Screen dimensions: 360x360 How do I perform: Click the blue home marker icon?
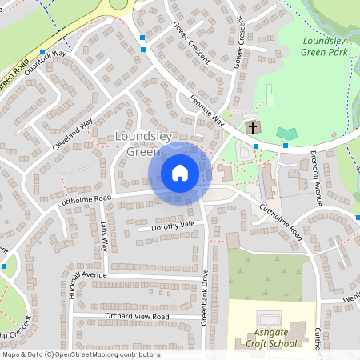point(180,172)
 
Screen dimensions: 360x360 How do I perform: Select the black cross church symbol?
point(253,127)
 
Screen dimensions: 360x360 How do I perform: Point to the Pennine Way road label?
point(206,111)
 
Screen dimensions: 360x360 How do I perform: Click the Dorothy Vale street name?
point(166,227)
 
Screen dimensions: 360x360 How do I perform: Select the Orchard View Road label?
point(137,317)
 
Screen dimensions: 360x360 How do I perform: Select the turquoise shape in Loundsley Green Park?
point(286,132)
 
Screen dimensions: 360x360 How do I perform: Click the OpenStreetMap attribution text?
point(81,354)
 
